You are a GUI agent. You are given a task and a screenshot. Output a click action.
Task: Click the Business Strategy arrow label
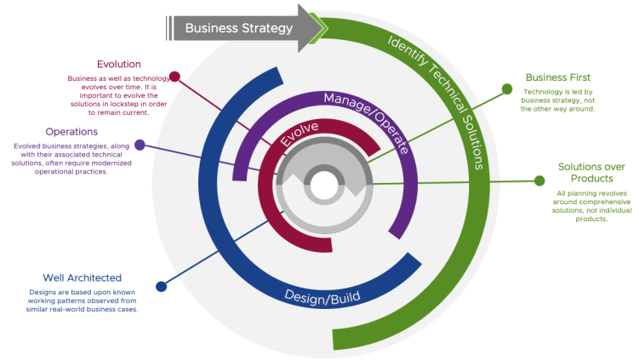(x=238, y=28)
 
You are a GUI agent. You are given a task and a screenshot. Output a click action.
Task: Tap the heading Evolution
(x=118, y=64)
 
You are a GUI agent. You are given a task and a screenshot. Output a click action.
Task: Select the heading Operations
(x=71, y=132)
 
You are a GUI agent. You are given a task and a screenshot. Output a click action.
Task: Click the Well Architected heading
(x=82, y=277)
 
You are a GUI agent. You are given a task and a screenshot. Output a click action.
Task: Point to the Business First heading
(x=557, y=77)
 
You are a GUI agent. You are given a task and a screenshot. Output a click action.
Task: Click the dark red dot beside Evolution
(x=174, y=76)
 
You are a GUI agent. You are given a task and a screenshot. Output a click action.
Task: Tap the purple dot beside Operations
(x=140, y=145)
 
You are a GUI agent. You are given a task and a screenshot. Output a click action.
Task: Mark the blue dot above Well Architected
(x=161, y=286)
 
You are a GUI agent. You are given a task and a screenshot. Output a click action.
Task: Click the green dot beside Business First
(x=507, y=89)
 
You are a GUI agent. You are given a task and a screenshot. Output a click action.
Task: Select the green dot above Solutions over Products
(x=539, y=180)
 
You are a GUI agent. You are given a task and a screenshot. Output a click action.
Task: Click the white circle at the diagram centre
(x=323, y=184)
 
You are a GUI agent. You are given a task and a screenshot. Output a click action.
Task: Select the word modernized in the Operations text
(x=100, y=163)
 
